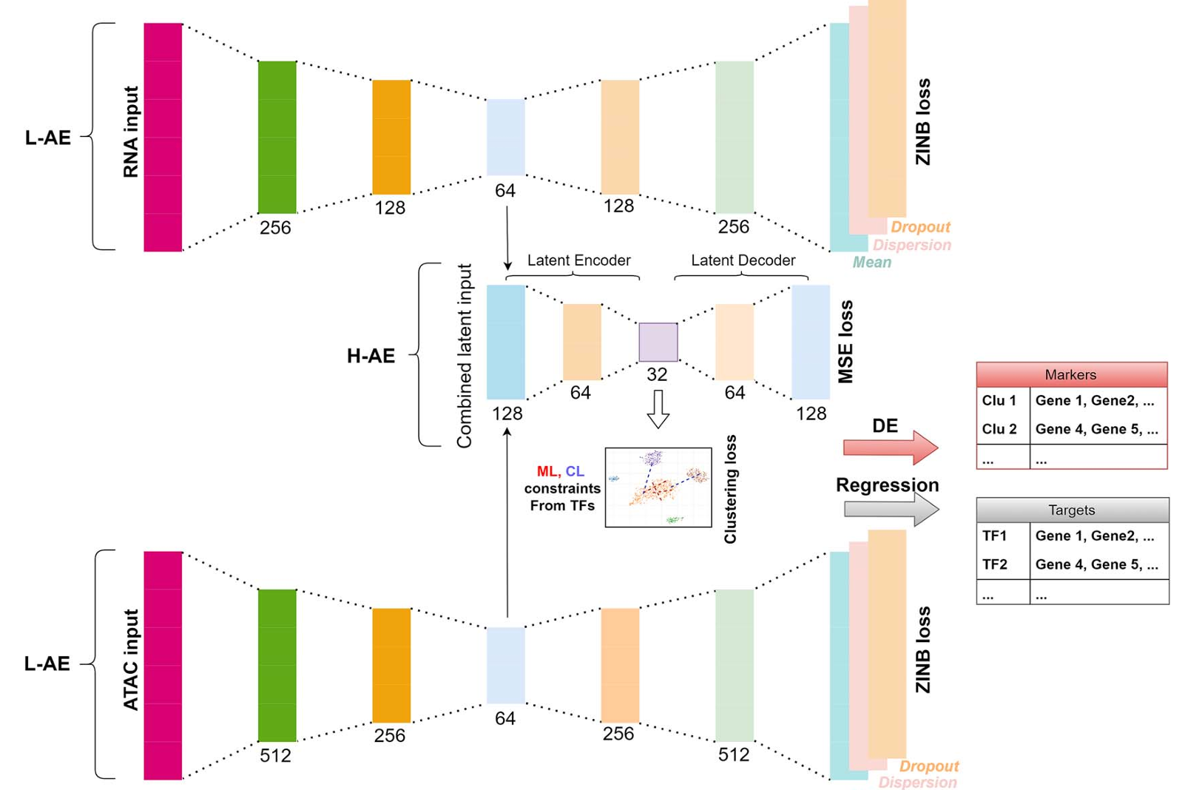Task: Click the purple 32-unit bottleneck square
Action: click(x=658, y=342)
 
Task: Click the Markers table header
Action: click(x=1071, y=375)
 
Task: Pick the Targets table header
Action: click(x=1072, y=510)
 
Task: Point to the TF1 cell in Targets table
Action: click(x=995, y=536)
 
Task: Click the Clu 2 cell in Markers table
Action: click(x=999, y=429)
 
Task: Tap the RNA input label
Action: click(x=131, y=132)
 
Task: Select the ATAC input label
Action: click(x=131, y=660)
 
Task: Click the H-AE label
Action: click(x=371, y=356)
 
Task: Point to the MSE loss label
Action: click(x=845, y=342)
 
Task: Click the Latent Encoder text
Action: click(x=578, y=260)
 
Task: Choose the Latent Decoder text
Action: click(x=743, y=260)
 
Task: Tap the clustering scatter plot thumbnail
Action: click(x=658, y=487)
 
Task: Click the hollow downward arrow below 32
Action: click(x=658, y=408)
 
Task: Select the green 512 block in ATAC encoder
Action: click(x=277, y=665)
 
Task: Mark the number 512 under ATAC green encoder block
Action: click(x=275, y=755)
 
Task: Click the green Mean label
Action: click(x=871, y=263)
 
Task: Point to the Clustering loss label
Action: click(x=731, y=489)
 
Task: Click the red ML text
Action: click(x=547, y=471)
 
